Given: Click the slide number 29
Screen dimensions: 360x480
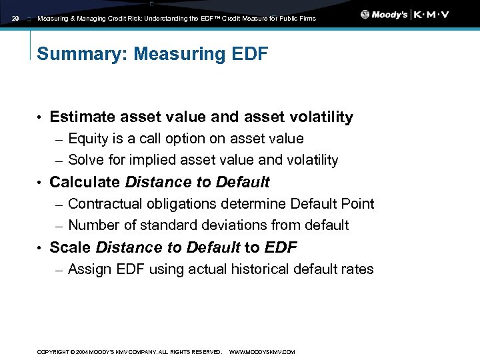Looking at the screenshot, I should click(x=16, y=19).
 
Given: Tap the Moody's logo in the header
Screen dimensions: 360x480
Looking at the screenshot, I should click(x=385, y=15).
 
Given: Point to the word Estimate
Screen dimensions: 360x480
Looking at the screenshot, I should click(x=83, y=117).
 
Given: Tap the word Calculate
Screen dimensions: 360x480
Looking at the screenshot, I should click(x=85, y=182).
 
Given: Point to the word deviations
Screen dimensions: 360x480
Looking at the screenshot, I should click(x=242, y=225).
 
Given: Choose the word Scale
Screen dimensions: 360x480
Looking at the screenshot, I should click(x=71, y=247).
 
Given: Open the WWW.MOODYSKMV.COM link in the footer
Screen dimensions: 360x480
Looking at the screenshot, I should click(x=262, y=352).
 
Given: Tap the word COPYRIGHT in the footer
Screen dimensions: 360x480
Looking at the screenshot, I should click(x=53, y=352).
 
